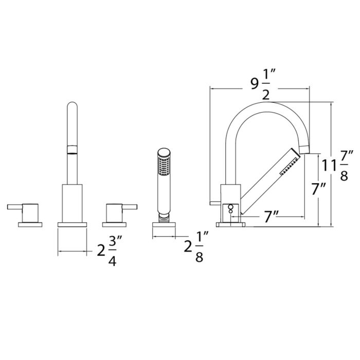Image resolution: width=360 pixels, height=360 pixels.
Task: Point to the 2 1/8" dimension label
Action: point(196,247)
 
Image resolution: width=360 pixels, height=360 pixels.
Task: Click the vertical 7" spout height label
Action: point(319,189)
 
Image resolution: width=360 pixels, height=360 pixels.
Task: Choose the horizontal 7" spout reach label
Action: point(271,217)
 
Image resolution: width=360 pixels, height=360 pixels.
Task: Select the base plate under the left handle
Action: point(30,225)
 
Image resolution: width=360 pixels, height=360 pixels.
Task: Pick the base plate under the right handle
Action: point(114,225)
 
